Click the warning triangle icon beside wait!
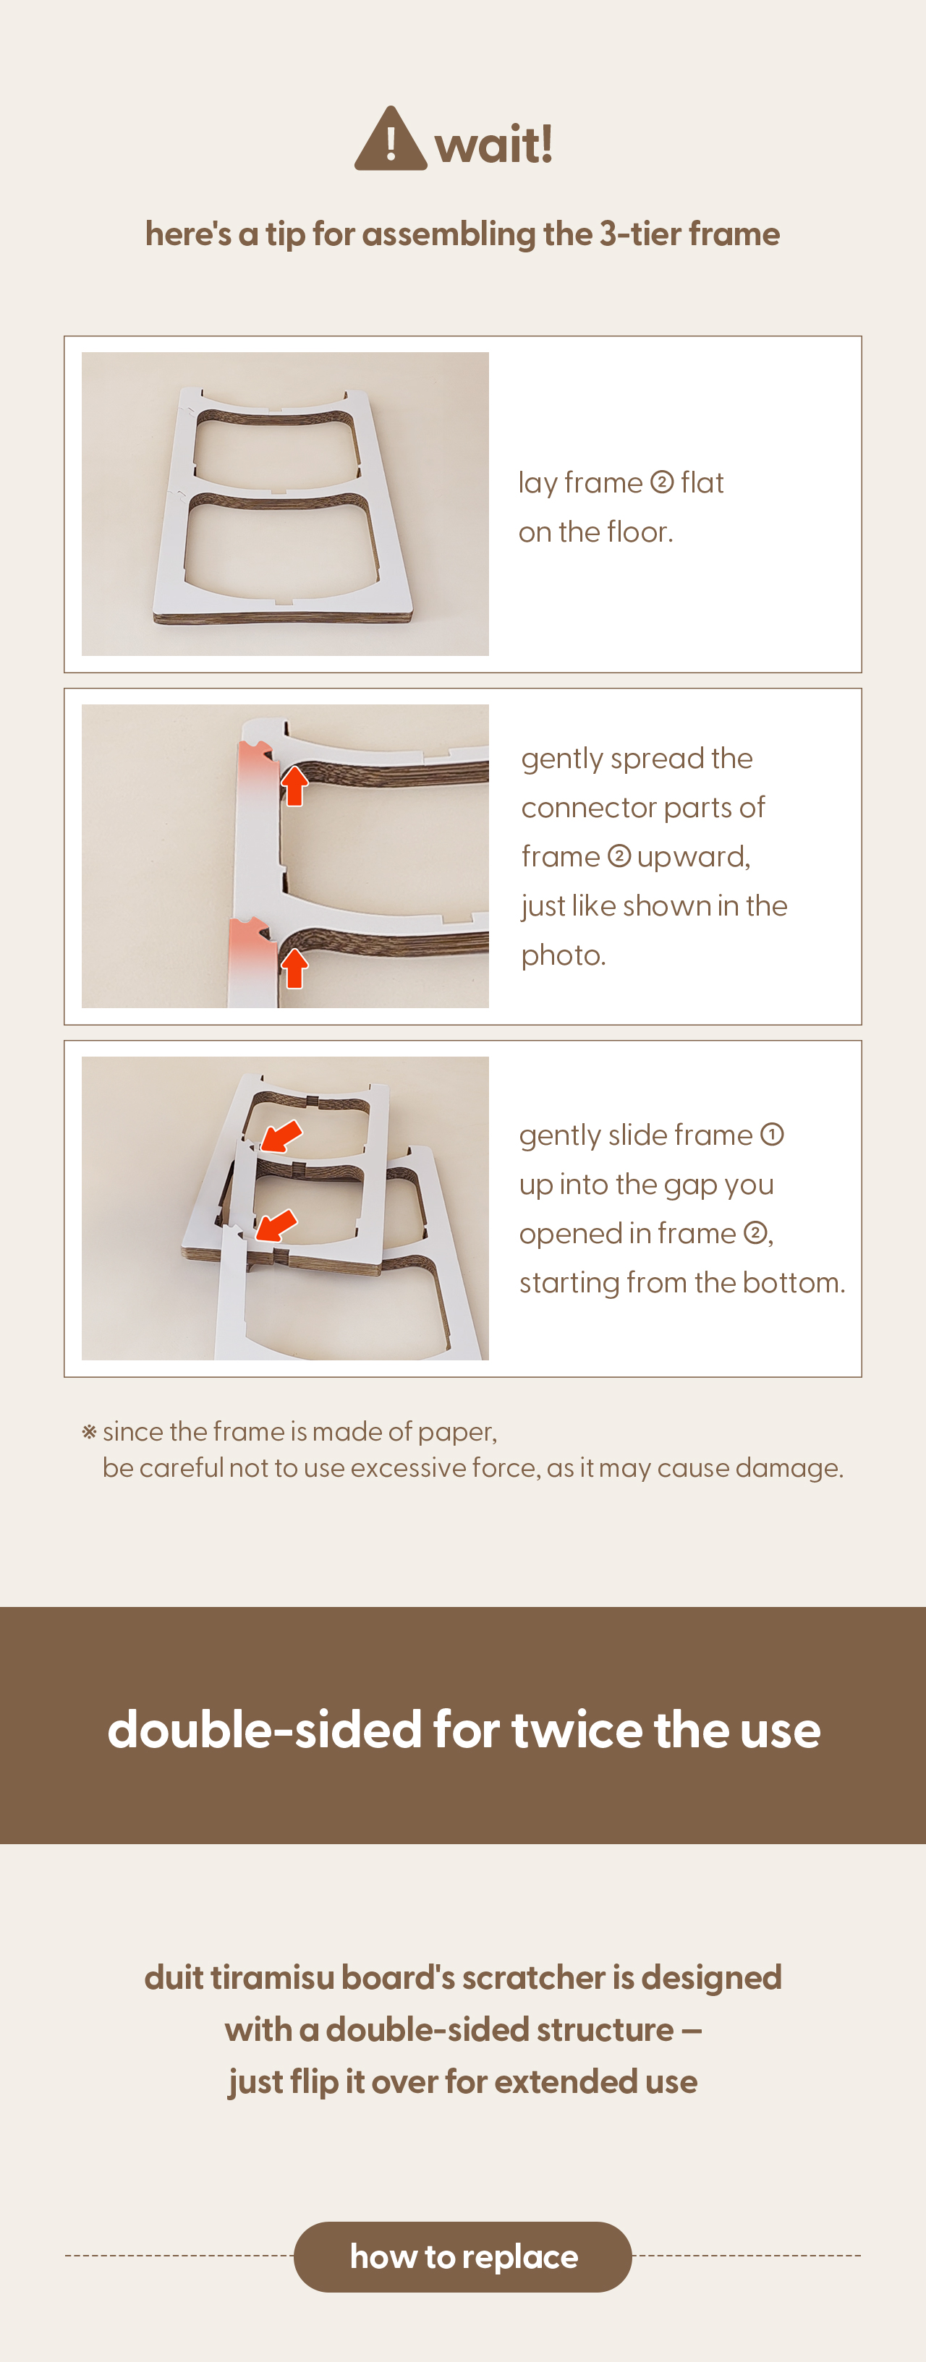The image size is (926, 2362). (391, 140)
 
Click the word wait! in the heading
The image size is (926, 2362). (494, 144)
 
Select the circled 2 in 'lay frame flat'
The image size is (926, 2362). (662, 482)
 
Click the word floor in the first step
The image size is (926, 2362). (637, 531)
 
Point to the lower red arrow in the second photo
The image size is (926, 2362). (294, 968)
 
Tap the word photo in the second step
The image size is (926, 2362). (561, 955)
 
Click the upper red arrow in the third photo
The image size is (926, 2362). (281, 1135)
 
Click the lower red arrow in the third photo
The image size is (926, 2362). (276, 1225)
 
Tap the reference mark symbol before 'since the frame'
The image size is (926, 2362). (89, 1432)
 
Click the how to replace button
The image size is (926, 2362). (463, 2256)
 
